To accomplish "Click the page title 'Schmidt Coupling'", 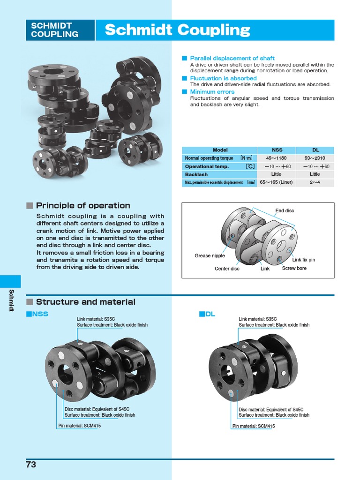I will (x=177, y=30).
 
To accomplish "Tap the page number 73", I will (x=31, y=465).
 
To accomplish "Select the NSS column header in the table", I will (x=277, y=150).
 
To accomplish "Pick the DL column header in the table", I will (x=315, y=150).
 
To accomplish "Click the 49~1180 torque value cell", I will (x=277, y=158).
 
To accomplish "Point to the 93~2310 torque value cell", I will (x=315, y=158).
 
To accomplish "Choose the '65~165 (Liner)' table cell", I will (x=277, y=182).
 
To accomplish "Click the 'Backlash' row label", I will (x=196, y=174).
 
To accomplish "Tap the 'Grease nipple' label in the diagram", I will (x=210, y=256).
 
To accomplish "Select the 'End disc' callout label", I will (x=285, y=211).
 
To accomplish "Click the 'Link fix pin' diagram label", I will (x=304, y=260).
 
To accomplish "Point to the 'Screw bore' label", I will (x=294, y=269).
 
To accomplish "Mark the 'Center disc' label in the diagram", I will (x=227, y=269).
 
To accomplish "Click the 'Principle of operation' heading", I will (x=83, y=205).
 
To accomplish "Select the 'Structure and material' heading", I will (x=85, y=302).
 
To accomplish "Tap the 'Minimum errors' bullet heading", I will (x=212, y=92).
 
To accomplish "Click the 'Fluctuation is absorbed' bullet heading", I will (x=223, y=78).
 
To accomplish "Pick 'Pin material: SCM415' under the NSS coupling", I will (x=79, y=426).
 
